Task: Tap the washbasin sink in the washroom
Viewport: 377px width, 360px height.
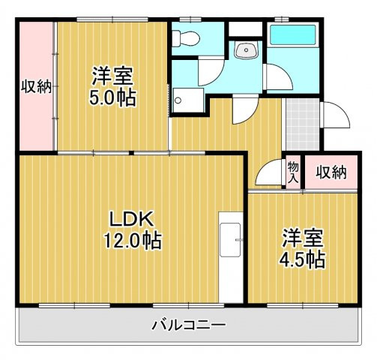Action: [245, 50]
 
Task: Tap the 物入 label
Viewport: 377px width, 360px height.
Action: [293, 173]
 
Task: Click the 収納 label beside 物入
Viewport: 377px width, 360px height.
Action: [330, 173]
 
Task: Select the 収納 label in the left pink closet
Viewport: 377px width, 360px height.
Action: [35, 86]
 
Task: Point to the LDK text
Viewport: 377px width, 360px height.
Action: [132, 219]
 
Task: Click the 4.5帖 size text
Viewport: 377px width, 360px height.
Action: [304, 259]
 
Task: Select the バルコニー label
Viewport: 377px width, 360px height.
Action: [189, 325]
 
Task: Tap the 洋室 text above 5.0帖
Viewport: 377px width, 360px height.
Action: [113, 76]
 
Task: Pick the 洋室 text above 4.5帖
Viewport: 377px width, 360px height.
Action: [303, 238]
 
